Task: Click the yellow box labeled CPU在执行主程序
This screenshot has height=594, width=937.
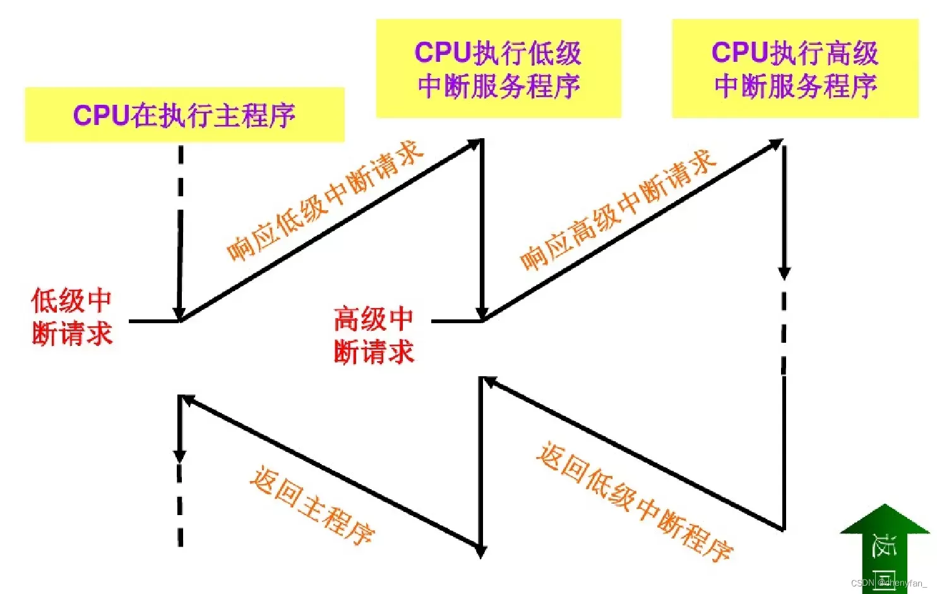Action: pyautogui.click(x=184, y=115)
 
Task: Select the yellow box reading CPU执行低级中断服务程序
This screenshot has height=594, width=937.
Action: pyautogui.click(x=498, y=68)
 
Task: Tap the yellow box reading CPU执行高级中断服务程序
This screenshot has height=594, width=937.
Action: pyautogui.click(x=794, y=68)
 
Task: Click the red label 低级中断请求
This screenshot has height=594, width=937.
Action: pyautogui.click(x=71, y=317)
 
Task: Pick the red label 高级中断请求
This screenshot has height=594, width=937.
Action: pyautogui.click(x=373, y=335)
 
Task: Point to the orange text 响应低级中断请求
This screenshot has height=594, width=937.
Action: pyautogui.click(x=325, y=201)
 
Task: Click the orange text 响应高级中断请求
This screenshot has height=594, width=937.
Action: pyautogui.click(x=618, y=210)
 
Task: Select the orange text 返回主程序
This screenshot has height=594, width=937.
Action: pyautogui.click(x=312, y=505)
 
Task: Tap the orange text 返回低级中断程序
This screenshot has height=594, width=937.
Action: pyautogui.click(x=634, y=502)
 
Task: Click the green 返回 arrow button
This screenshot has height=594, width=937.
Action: pyautogui.click(x=884, y=548)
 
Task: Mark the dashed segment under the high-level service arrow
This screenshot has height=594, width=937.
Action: pyautogui.click(x=784, y=331)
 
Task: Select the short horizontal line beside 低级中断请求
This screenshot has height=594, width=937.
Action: pyautogui.click(x=154, y=321)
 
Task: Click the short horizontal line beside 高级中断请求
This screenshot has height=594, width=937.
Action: pyautogui.click(x=456, y=321)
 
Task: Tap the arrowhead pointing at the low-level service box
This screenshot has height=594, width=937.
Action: pyautogui.click(x=474, y=145)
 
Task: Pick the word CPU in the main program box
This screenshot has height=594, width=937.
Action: pyautogui.click(x=100, y=116)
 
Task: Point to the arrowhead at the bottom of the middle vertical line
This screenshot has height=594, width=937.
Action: pyautogui.click(x=481, y=551)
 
